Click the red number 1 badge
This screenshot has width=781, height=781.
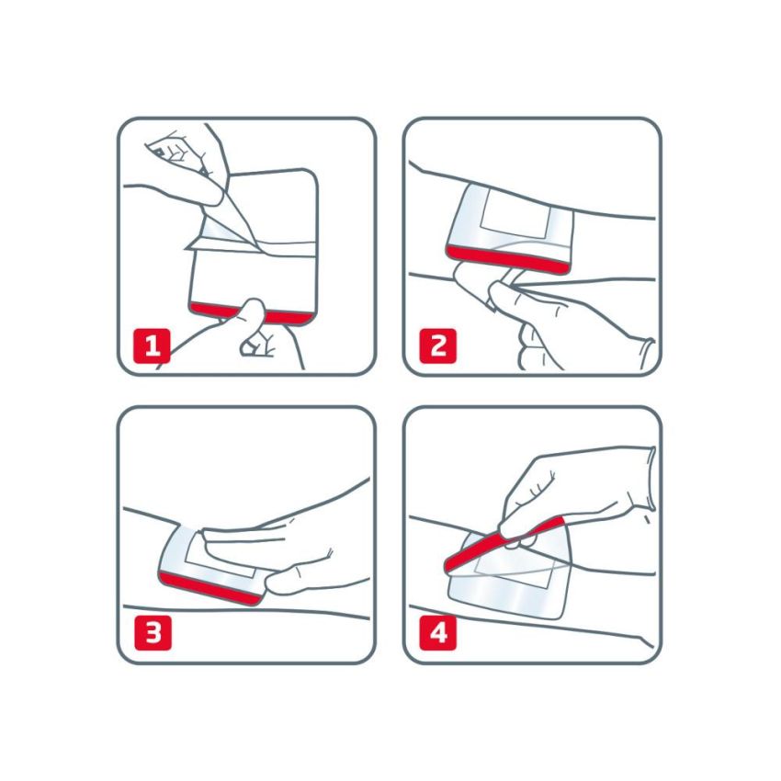point(153,345)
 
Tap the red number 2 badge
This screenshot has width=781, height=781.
point(438,345)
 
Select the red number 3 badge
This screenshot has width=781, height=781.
point(153,633)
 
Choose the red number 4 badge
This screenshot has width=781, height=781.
point(438,633)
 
